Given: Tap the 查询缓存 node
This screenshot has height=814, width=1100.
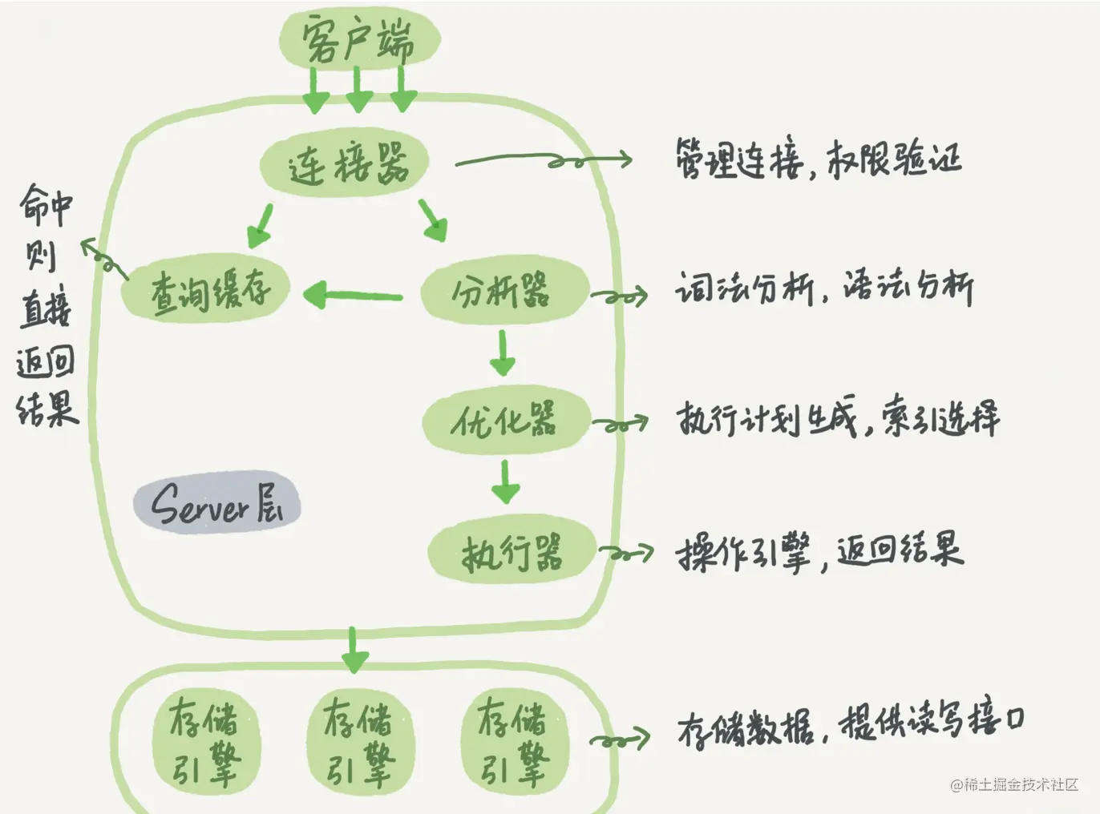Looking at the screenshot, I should point(206,289).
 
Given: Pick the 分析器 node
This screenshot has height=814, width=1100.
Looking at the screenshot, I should point(503,290).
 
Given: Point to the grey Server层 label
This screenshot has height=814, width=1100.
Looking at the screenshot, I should point(216,503).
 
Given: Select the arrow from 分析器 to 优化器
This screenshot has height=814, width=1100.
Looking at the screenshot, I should point(503,353).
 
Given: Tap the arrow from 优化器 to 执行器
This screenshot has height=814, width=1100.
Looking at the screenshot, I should point(505,481).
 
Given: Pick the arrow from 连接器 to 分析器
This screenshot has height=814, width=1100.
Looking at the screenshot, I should point(433,220).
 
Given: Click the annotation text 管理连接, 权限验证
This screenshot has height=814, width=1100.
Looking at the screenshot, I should point(818,159).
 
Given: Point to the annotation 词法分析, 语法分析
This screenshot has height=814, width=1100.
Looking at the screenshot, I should point(824,288).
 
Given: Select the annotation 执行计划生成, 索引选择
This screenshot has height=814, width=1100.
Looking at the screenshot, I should point(838,417).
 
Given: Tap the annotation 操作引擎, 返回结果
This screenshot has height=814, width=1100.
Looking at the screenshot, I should point(819,552).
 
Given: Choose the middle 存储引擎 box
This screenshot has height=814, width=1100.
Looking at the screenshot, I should point(360,741).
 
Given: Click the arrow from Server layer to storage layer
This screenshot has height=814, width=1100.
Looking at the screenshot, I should point(354,650).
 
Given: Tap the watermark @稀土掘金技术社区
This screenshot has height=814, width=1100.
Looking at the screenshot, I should point(1013,785).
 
